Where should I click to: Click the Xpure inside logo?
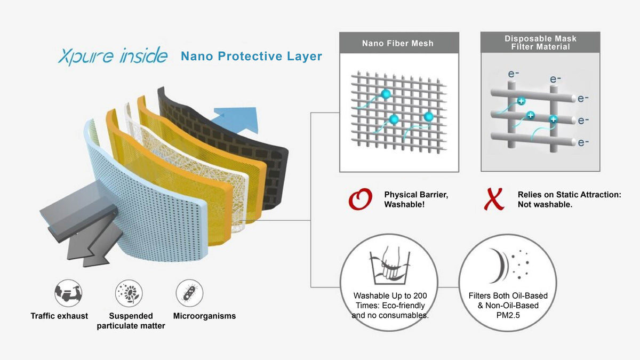coord(113,56)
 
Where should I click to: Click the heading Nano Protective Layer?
coord(251,56)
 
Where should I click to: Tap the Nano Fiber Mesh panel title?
coord(398,43)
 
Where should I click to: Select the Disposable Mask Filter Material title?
coord(540,43)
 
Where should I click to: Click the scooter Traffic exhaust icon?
coord(68,293)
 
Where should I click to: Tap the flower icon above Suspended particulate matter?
coord(129,293)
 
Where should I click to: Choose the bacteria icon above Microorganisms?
coord(189,293)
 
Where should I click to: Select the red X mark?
coord(494,199)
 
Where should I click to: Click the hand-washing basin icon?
coord(389,265)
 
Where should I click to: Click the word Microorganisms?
coord(205,316)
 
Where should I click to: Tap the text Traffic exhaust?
coord(59,316)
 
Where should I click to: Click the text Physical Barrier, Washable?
coord(416,199)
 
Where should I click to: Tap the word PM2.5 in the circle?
coord(508,315)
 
